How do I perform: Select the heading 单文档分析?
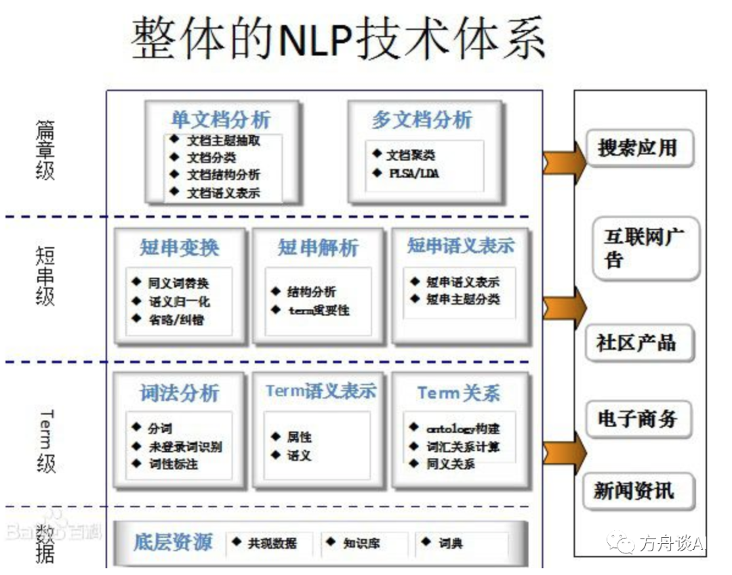(x=221, y=120)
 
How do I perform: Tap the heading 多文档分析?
(x=422, y=120)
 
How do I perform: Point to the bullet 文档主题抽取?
(x=223, y=141)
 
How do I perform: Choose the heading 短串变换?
(x=180, y=247)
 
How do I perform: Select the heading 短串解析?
(x=318, y=248)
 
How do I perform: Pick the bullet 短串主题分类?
(x=463, y=299)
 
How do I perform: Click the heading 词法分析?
(x=180, y=393)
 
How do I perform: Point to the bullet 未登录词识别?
(x=185, y=447)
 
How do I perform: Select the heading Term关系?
(x=459, y=393)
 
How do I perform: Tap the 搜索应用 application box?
(x=637, y=148)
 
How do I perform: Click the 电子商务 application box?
(x=637, y=419)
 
